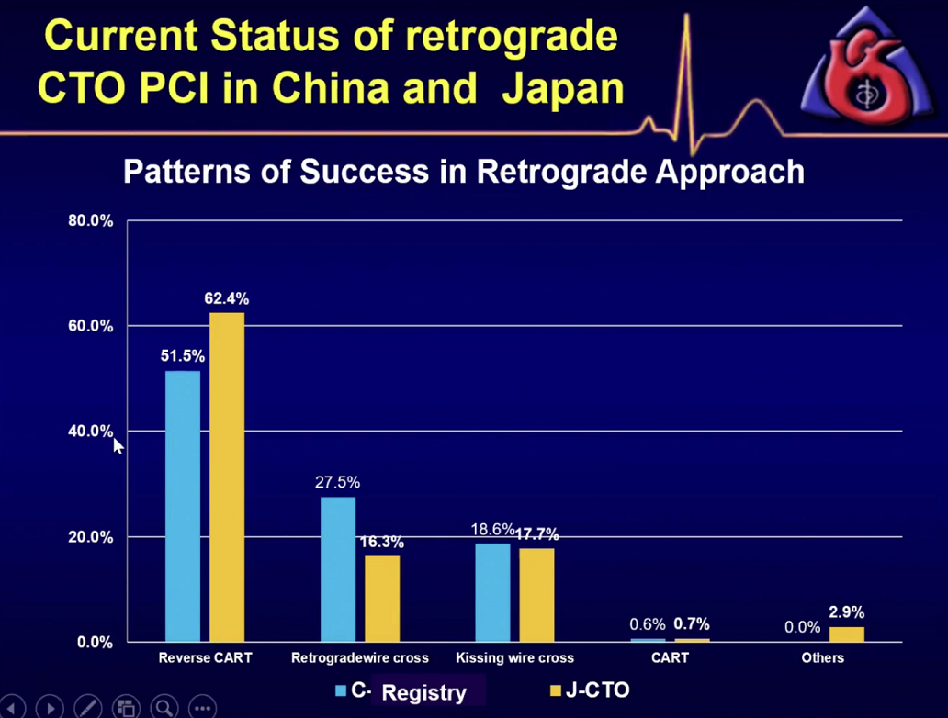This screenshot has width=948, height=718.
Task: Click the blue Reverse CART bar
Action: click(x=183, y=505)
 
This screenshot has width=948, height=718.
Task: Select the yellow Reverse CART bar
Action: click(x=227, y=477)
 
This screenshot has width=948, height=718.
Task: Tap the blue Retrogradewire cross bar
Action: click(x=337, y=568)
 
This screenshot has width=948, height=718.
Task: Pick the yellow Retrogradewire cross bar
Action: click(x=382, y=598)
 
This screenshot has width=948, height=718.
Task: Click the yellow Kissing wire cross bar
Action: click(x=536, y=594)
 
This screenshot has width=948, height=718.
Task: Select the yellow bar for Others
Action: click(x=847, y=634)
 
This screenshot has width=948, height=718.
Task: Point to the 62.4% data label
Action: click(x=226, y=298)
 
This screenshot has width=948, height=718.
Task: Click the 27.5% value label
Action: click(x=337, y=482)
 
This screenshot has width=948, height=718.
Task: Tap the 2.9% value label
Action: click(x=846, y=612)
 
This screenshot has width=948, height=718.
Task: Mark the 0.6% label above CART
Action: click(x=648, y=624)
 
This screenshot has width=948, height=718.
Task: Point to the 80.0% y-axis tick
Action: click(x=90, y=221)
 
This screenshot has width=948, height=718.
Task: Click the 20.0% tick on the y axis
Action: click(x=90, y=537)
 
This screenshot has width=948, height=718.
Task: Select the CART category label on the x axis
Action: click(x=671, y=658)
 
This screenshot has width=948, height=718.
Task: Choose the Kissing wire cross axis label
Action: click(x=514, y=658)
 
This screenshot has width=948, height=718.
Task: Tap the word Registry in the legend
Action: click(x=423, y=692)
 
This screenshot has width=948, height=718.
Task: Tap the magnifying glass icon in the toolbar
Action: click(x=164, y=707)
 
